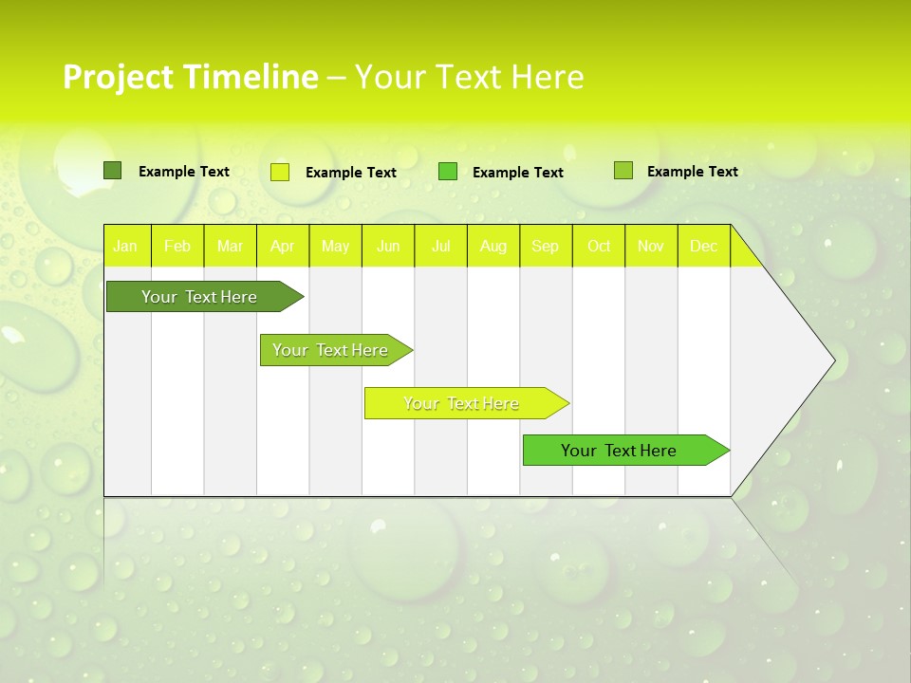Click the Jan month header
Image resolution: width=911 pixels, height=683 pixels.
pyautogui.click(x=125, y=247)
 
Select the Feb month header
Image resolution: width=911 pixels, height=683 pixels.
pyautogui.click(x=177, y=247)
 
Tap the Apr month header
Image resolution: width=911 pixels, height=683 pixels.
pyautogui.click(x=283, y=247)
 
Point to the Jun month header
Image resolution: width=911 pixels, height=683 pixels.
pyautogui.click(x=388, y=247)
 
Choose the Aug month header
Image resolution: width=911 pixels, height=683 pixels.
pyautogui.click(x=493, y=247)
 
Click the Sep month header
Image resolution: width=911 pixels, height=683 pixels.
pyautogui.click(x=546, y=247)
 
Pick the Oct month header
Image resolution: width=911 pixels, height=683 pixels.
pyautogui.click(x=599, y=247)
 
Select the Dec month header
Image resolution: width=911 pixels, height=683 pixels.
pyautogui.click(x=704, y=247)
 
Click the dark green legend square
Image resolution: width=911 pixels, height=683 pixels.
pyautogui.click(x=113, y=171)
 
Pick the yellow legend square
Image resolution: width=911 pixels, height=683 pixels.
pyautogui.click(x=280, y=172)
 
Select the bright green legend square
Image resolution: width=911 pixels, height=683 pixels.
pyautogui.click(x=448, y=171)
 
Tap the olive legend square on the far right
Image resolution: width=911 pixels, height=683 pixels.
pyautogui.click(x=623, y=171)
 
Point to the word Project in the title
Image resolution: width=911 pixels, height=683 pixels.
pyautogui.click(x=117, y=77)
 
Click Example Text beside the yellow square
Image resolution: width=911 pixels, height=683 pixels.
pyautogui.click(x=351, y=173)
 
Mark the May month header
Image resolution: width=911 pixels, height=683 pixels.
pyautogui.click(x=335, y=247)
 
